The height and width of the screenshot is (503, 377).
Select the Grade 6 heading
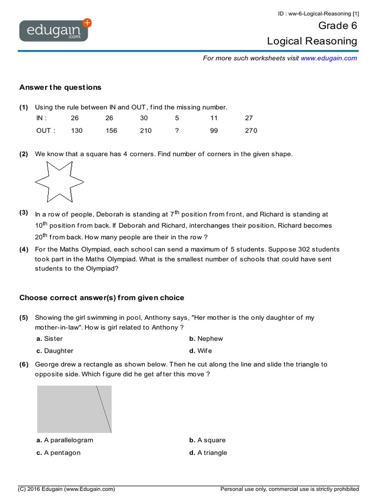tap(338, 26)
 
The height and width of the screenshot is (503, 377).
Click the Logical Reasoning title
tap(312, 41)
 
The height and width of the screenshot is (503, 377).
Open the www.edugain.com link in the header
tap(328, 58)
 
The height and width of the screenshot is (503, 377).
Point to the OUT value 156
tap(112, 131)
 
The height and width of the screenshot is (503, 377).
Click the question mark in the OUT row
tap(177, 131)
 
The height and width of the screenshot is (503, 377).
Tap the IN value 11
tap(214, 118)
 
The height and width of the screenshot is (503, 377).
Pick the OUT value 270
tap(250, 131)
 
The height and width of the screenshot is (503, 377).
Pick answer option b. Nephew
tap(206, 338)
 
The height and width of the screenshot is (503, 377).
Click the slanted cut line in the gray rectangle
tap(104, 409)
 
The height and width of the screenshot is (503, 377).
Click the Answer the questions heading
tap(60, 87)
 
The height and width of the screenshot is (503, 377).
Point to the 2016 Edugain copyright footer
tap(67, 489)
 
